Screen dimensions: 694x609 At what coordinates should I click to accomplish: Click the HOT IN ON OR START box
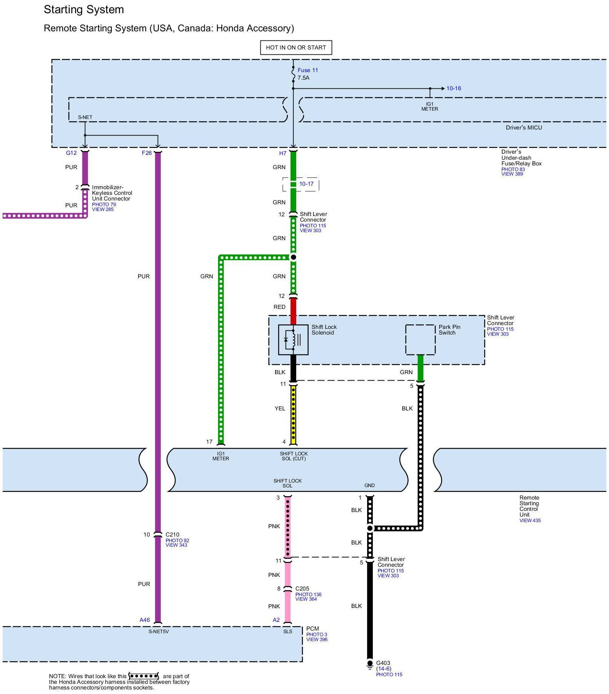pos(296,48)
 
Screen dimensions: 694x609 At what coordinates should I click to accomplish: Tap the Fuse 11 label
pos(308,70)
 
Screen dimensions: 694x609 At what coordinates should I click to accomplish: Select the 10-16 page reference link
pos(454,88)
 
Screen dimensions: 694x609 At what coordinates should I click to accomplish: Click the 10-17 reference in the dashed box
pos(306,184)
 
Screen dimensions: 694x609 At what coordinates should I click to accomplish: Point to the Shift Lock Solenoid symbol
pos(293,339)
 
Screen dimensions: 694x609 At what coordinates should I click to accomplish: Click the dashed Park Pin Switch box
pos(420,339)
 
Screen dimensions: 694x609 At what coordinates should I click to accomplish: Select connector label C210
pos(172,535)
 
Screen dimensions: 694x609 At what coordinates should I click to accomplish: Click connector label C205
pos(302,589)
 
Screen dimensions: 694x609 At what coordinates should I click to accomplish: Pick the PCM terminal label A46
pos(145,620)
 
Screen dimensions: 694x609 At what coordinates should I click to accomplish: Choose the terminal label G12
pos(71,153)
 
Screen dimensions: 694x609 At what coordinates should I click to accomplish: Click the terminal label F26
pos(146,153)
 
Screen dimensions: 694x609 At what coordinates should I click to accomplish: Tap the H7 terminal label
pos(283,153)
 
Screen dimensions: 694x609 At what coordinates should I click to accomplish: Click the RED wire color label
pos(279,307)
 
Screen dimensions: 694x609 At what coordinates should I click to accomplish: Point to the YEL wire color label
pos(280,409)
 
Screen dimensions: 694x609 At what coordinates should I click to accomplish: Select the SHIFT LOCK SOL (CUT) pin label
pos(294,456)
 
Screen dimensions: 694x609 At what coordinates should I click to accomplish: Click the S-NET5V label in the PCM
pos(158,631)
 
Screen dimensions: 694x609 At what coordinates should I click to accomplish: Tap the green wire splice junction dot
pos(293,257)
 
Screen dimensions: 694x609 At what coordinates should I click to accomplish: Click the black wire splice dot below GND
pos(370,528)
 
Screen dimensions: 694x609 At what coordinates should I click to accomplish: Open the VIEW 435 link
pos(530,521)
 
